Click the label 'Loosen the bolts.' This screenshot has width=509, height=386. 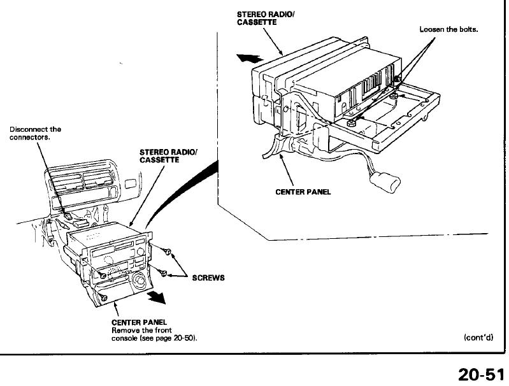448,30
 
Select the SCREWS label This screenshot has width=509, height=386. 208,278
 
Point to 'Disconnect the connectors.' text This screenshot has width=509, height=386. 34,133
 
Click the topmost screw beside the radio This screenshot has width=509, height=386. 167,253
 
